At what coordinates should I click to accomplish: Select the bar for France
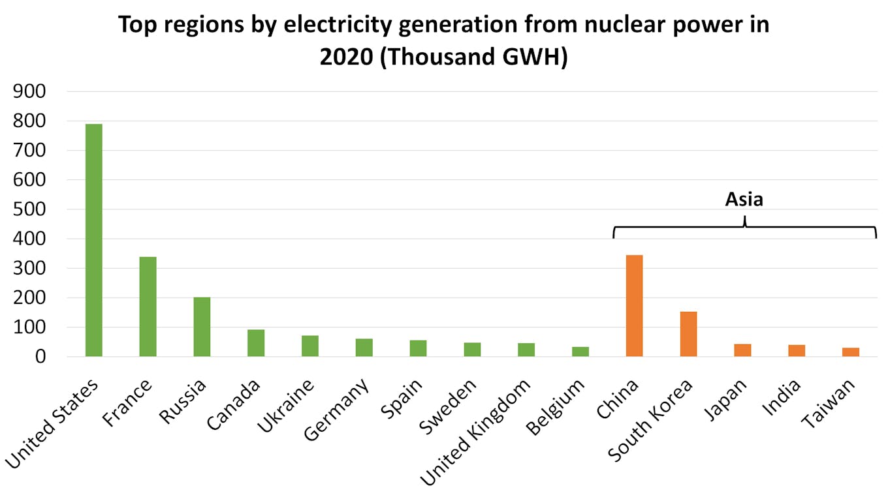148,307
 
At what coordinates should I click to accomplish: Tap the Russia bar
202,327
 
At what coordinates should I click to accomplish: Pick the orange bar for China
635,305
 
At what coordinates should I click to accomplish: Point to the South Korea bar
689,334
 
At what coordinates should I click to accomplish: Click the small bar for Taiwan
851,352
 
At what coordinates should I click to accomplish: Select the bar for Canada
256,343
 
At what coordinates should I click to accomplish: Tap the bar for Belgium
580,352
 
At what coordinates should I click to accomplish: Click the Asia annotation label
744,199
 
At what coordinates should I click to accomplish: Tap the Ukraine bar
310,346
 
